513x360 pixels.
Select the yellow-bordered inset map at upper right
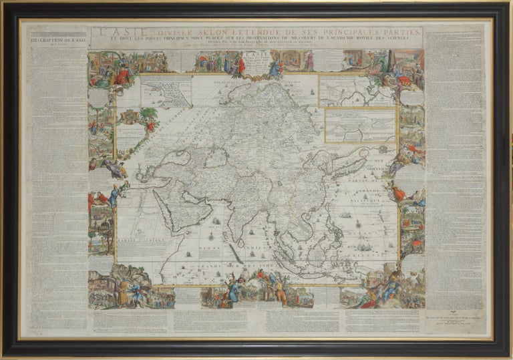[x=360, y=125]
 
